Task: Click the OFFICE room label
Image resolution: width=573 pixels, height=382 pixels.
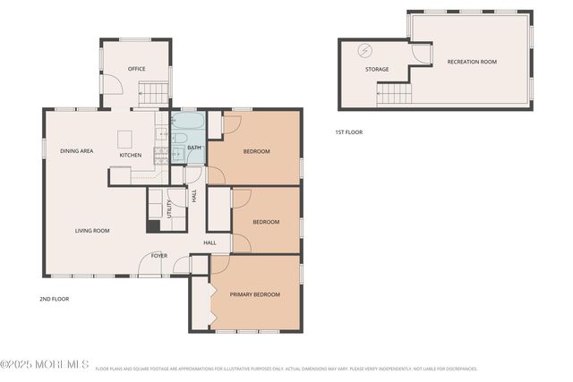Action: pyautogui.click(x=136, y=69)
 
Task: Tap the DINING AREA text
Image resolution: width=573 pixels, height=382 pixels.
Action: pyautogui.click(x=76, y=151)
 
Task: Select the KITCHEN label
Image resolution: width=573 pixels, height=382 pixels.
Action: pyautogui.click(x=131, y=155)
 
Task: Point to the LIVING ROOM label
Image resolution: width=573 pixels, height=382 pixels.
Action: pyautogui.click(x=91, y=231)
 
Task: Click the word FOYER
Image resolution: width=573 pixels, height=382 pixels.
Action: pyautogui.click(x=158, y=256)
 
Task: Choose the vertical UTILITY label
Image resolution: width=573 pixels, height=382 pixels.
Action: pyautogui.click(x=169, y=208)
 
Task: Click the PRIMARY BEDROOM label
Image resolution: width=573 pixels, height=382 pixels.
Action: pyautogui.click(x=254, y=294)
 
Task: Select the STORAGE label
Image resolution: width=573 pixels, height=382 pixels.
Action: pyautogui.click(x=376, y=69)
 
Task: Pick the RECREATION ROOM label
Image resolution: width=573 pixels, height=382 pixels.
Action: pyautogui.click(x=472, y=62)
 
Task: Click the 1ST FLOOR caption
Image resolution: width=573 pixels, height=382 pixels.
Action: pyautogui.click(x=348, y=132)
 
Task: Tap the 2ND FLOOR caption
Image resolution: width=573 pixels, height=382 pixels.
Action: pyautogui.click(x=54, y=299)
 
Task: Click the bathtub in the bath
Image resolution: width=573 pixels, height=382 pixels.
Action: pyautogui.click(x=187, y=122)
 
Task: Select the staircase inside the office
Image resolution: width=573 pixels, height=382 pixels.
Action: pyautogui.click(x=154, y=92)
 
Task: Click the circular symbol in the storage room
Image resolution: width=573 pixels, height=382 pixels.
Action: pyautogui.click(x=364, y=50)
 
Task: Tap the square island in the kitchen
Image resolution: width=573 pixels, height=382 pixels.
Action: pyautogui.click(x=124, y=138)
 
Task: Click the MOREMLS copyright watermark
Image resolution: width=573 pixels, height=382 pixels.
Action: pyautogui.click(x=44, y=365)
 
